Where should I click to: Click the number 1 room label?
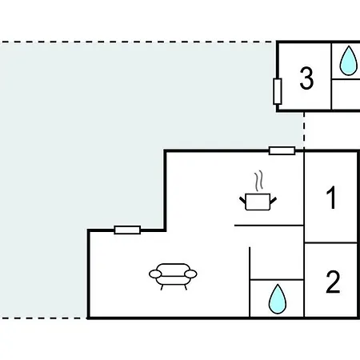pyautogui.click(x=332, y=198)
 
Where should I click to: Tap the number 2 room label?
pyautogui.click(x=333, y=282)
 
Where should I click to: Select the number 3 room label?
pyautogui.click(x=306, y=78)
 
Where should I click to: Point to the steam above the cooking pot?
pyautogui.click(x=258, y=182)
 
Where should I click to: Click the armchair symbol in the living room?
pyautogui.click(x=173, y=277)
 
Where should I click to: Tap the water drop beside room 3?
pyautogui.click(x=348, y=61)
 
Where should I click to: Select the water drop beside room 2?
pyautogui.click(x=278, y=299)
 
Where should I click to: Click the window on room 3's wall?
pyautogui.click(x=278, y=91)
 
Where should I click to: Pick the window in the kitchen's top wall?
pyautogui.click(x=282, y=150)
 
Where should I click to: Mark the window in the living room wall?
pyautogui.click(x=127, y=230)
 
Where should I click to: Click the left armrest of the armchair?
pyautogui.click(x=155, y=274)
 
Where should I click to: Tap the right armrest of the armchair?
pyautogui.click(x=190, y=274)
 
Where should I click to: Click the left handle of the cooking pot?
pyautogui.click(x=242, y=200)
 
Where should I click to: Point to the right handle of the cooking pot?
pyautogui.click(x=274, y=200)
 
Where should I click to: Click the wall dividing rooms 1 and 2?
pyautogui.click(x=330, y=243)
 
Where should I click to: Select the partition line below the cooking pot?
pyautogui.click(x=269, y=226)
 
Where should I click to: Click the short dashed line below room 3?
pyautogui.click(x=304, y=130)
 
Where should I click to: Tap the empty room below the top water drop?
pyautogui.click(x=346, y=94)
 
